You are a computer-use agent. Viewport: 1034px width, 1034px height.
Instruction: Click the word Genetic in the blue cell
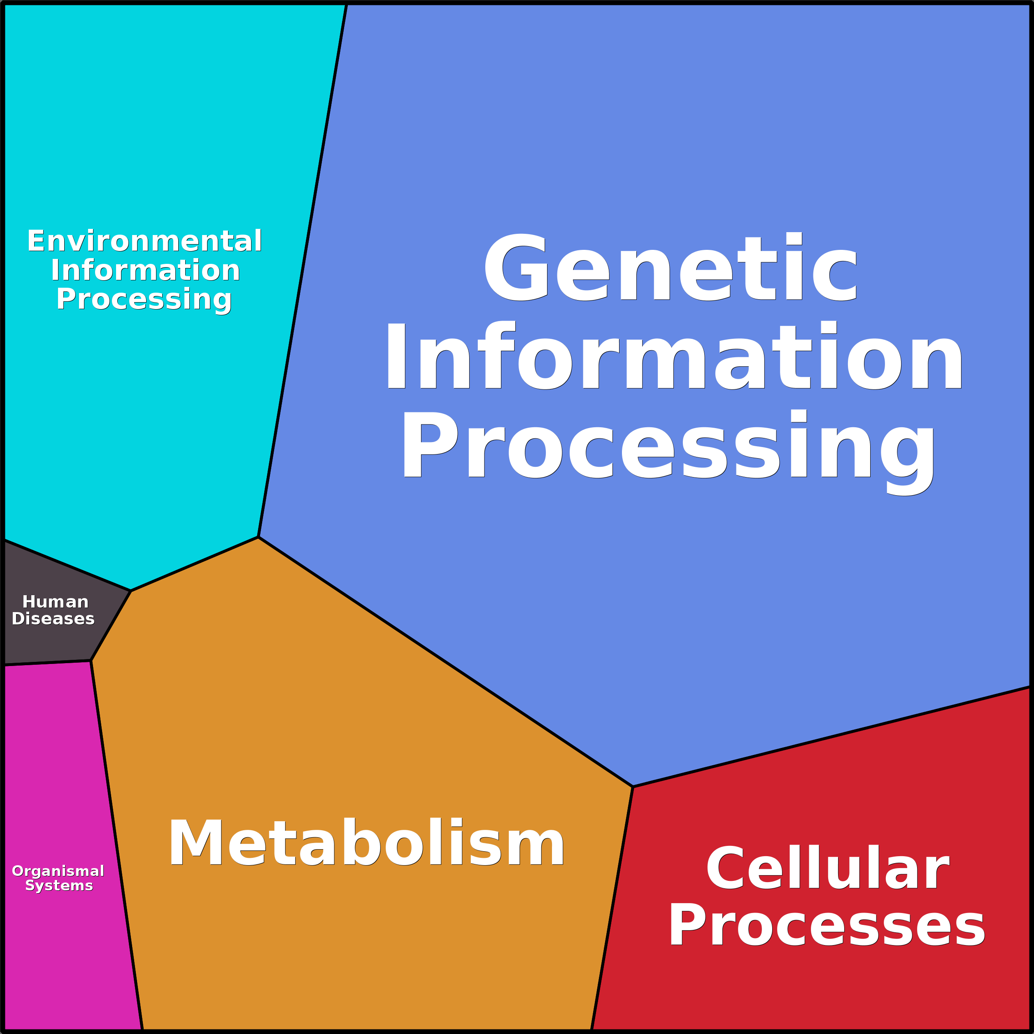pyautogui.click(x=670, y=268)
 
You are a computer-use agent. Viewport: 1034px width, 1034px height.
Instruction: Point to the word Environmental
pyautogui.click(x=144, y=241)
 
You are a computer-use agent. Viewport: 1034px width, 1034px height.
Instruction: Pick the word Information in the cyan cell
pyautogui.click(x=146, y=270)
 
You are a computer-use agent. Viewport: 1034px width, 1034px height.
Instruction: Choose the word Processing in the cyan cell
pyautogui.click(x=144, y=299)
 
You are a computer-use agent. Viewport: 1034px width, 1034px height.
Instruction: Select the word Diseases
pyautogui.click(x=53, y=619)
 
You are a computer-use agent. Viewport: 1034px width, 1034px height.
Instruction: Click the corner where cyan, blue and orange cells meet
pyautogui.click(x=258, y=537)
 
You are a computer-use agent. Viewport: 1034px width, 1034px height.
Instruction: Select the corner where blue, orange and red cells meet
pyautogui.click(x=633, y=787)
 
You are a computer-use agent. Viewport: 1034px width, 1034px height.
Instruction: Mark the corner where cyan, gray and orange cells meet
pyautogui.click(x=130, y=591)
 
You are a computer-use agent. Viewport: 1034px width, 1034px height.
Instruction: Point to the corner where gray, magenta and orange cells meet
pyautogui.click(x=91, y=661)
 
